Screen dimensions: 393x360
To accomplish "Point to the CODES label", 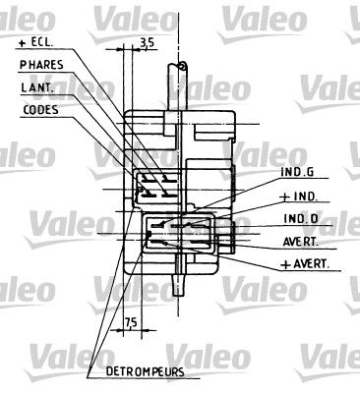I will click(40, 109).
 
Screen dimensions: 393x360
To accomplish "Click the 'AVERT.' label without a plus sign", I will click(300, 243).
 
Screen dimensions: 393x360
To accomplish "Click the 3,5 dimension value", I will click(148, 41).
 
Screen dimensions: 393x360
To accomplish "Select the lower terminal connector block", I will click(172, 235).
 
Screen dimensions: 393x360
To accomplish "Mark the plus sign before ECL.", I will click(22, 43).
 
